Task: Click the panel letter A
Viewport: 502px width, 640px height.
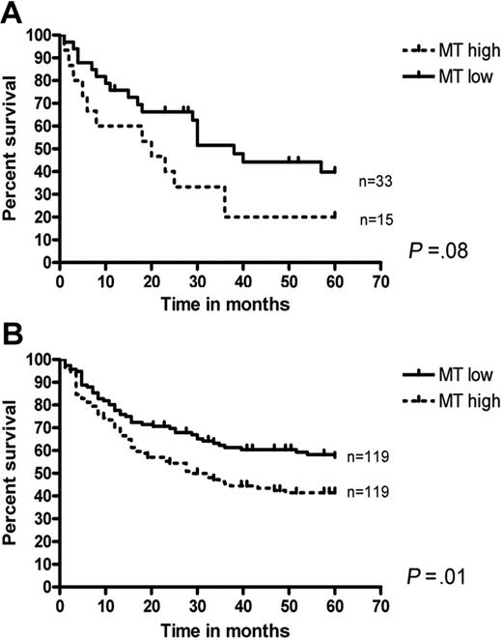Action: tap(12, 12)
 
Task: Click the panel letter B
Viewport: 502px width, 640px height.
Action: tap(12, 334)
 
